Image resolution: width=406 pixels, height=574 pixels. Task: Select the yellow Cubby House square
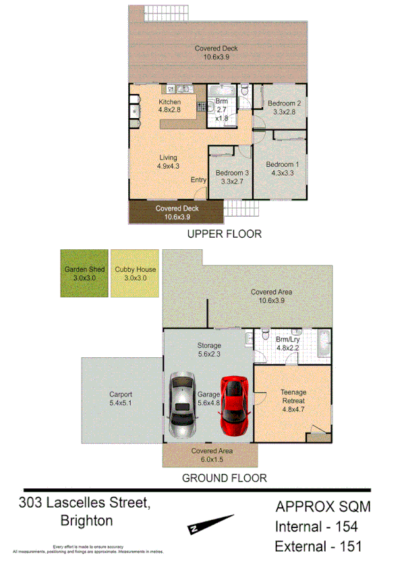click(x=136, y=273)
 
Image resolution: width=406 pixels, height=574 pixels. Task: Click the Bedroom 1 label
click(x=281, y=165)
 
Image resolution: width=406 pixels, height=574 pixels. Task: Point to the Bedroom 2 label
click(x=283, y=103)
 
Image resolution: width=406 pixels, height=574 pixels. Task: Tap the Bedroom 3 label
click(x=232, y=173)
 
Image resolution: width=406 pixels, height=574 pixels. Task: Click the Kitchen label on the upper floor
click(x=170, y=102)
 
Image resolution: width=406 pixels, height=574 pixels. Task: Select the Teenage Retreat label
click(x=293, y=396)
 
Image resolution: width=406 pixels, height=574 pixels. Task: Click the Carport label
click(x=121, y=394)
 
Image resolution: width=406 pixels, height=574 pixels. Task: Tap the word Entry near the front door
click(x=198, y=180)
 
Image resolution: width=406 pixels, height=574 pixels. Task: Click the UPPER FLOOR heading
click(x=224, y=234)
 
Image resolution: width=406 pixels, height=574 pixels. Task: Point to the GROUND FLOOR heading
click(x=225, y=478)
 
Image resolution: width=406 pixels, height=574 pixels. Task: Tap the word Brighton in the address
click(x=86, y=521)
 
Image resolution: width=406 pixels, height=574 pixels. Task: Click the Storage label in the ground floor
click(x=209, y=346)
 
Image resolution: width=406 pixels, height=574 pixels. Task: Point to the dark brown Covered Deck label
click(x=177, y=209)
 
